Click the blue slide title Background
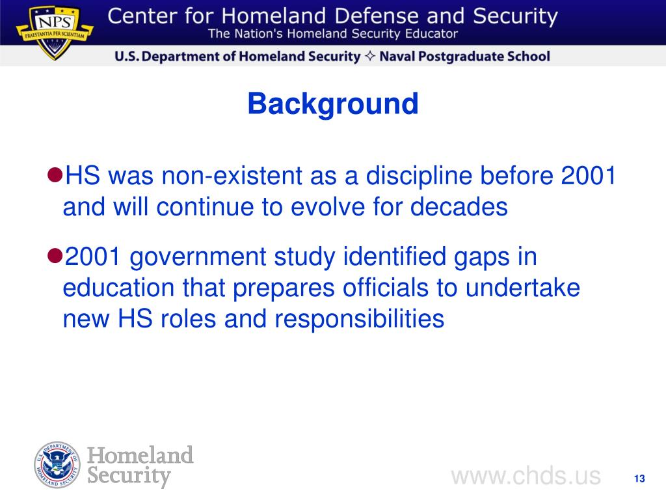332,104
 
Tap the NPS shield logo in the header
54,33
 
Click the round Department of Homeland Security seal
58,465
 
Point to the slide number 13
639,479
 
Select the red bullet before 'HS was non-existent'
55,175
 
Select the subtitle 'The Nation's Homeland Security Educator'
332,34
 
